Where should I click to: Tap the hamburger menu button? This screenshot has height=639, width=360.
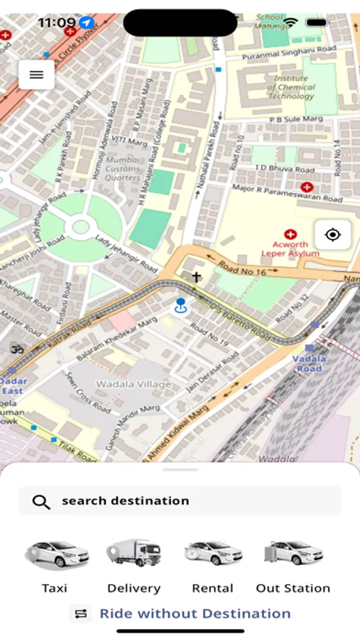(x=37, y=75)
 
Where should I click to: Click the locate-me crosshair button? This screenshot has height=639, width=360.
(x=332, y=235)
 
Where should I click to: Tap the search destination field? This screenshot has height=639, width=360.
(x=180, y=501)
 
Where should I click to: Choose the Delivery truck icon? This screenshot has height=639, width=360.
(x=133, y=553)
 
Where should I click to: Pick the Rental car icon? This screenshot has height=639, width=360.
(x=213, y=553)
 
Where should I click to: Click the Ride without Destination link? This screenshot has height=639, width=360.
(x=195, y=613)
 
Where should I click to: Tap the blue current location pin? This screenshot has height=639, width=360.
(x=181, y=306)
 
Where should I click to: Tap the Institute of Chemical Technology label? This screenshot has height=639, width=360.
(x=291, y=87)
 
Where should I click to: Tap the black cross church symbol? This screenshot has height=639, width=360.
(x=196, y=278)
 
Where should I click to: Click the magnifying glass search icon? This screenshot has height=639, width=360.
(x=41, y=502)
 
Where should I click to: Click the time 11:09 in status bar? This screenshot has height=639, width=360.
(x=56, y=23)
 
